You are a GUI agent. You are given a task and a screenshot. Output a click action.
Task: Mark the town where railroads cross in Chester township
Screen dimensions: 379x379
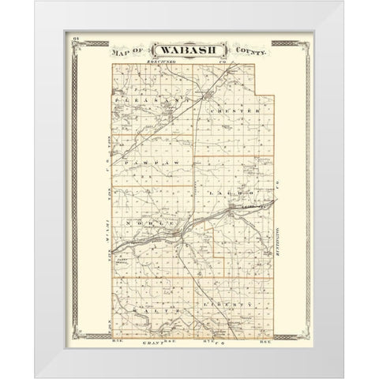coord(205,97)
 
